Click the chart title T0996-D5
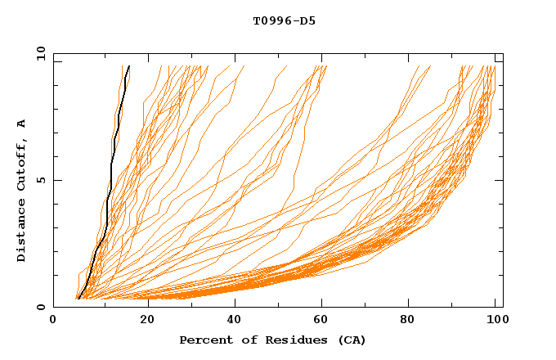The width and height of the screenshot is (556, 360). coord(284,20)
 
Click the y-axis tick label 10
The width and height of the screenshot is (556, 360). coord(40,53)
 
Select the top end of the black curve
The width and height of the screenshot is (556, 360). coord(128,66)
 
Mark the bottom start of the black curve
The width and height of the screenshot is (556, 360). coord(77,299)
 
